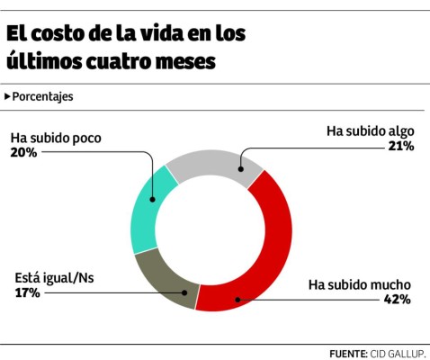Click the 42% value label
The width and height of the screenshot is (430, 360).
398,299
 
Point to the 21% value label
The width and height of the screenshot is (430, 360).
401,146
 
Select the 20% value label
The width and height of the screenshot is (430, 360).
23,153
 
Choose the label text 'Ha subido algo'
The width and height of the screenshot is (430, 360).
370,131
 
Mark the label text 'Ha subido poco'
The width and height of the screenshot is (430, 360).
56,139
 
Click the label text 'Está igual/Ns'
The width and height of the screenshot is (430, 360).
54,278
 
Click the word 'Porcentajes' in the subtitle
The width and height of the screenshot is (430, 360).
43,96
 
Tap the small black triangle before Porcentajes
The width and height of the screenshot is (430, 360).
8,96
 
